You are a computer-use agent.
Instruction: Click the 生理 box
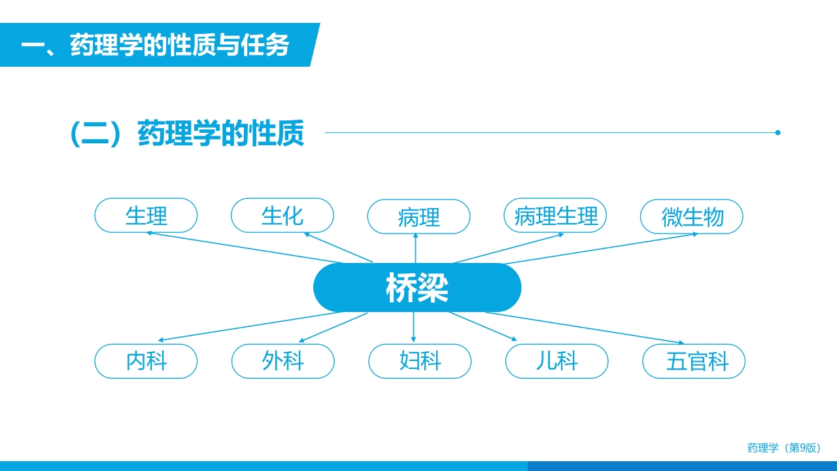coord(146,215)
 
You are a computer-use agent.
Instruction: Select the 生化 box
coord(282,215)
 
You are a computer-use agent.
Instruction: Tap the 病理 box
coord(418,217)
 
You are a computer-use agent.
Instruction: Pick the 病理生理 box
coord(555,215)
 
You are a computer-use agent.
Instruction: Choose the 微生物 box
coord(692,217)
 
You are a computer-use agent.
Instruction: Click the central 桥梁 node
coord(417,287)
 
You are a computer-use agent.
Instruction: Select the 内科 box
coord(146,361)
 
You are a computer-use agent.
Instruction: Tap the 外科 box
coord(283,361)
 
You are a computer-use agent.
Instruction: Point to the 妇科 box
coord(420,361)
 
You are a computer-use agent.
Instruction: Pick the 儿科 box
coord(557,361)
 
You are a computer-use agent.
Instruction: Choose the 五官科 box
coord(694,361)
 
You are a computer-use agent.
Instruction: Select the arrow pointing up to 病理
coord(416,249)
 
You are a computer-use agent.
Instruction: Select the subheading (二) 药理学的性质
coord(187,133)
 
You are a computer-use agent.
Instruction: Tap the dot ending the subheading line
coord(777,133)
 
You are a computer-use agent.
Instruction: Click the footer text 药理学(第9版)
coord(783,448)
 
